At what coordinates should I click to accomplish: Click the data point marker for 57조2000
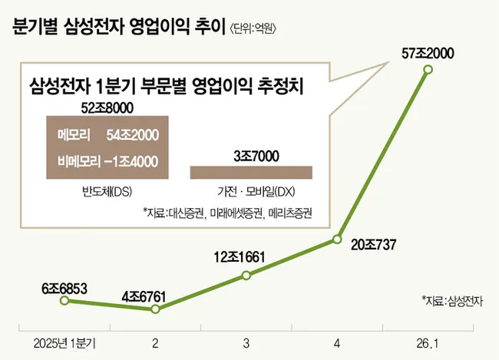428,71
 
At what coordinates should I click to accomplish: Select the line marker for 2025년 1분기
64,300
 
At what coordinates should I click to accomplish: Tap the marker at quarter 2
155,309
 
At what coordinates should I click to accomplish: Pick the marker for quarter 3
246,274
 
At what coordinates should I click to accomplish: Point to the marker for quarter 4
337,240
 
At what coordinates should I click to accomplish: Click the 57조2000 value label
428,53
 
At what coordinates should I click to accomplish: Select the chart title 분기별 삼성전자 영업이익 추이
107,29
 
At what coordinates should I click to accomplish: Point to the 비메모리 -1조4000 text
107,161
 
